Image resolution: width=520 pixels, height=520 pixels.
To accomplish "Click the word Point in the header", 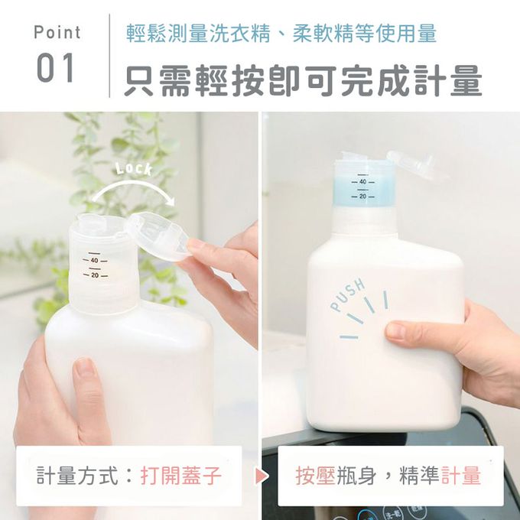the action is (57, 32).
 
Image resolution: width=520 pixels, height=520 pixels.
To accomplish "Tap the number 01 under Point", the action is (55, 68).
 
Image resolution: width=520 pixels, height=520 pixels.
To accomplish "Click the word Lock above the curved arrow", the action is (134, 169).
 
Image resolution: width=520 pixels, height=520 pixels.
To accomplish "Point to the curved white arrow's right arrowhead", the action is (171, 200).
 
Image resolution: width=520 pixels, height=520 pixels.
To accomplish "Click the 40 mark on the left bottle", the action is (95, 261).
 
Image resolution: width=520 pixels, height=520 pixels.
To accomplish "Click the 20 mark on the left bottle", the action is (95, 275).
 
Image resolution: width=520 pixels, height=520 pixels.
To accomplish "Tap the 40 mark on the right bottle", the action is (362, 182).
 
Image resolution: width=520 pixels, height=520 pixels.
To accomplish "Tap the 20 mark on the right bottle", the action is (362, 197).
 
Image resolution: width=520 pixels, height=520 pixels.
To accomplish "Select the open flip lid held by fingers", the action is (158, 235).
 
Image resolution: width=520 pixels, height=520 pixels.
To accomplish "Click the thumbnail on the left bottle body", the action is (85, 368).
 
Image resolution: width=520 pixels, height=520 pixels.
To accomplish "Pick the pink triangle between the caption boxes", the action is (262, 476).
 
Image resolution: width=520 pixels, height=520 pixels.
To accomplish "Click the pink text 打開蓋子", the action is (180, 475).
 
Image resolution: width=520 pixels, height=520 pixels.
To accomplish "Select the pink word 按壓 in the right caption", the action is (315, 476).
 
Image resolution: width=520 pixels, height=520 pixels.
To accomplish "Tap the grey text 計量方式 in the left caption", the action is (77, 475).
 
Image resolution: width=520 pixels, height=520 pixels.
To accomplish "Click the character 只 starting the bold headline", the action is (140, 80).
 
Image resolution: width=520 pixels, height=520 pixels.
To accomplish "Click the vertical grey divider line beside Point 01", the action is (109, 56).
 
